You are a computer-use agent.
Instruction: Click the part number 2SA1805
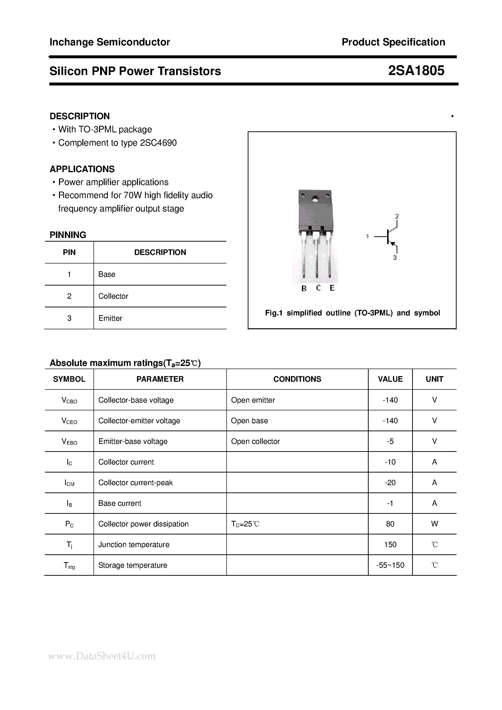[x=416, y=71]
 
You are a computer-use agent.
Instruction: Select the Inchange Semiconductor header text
[x=110, y=42]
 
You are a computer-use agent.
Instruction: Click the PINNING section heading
[x=68, y=235]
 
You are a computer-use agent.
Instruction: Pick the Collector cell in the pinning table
[x=113, y=296]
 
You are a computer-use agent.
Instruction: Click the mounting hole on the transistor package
[x=315, y=199]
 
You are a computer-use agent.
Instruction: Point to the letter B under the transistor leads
[x=304, y=288]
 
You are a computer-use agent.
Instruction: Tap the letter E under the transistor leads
[x=332, y=288]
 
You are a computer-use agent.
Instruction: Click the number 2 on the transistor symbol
[x=397, y=216]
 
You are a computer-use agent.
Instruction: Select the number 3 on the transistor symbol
[x=395, y=258]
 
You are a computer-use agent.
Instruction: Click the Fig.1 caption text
[x=352, y=313]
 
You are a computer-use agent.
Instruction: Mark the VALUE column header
[x=390, y=379]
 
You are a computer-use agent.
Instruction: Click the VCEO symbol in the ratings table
[x=69, y=421]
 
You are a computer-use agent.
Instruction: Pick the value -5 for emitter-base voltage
[x=390, y=442]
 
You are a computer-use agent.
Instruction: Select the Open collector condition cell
[x=255, y=442]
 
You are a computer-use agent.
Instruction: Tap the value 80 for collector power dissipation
[x=390, y=524]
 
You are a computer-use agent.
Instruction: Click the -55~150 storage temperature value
[x=390, y=565]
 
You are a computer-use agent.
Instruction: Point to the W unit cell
[x=434, y=524]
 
